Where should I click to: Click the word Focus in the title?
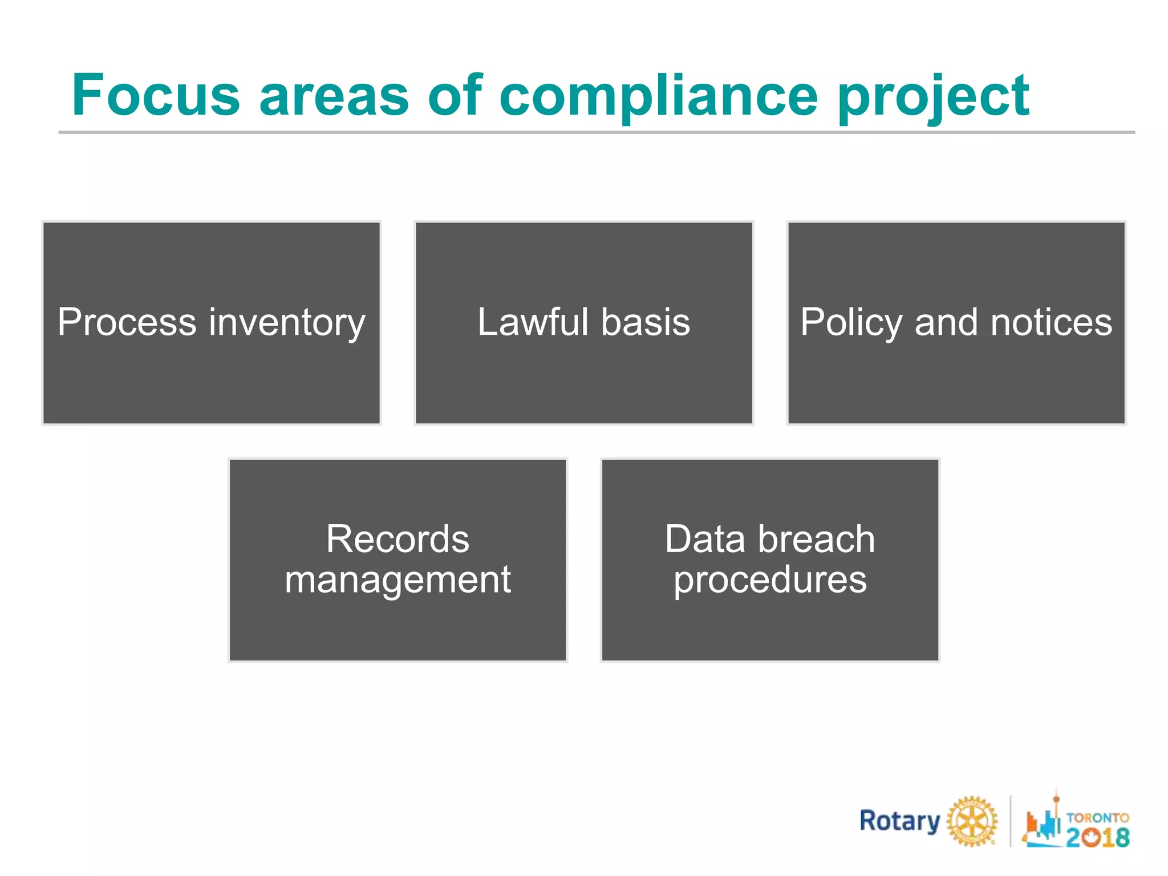click(x=156, y=95)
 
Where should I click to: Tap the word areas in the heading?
click(x=334, y=95)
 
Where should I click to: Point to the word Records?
click(x=398, y=539)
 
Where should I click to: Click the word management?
click(x=398, y=581)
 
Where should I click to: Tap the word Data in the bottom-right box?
click(x=707, y=539)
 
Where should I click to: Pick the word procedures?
click(x=770, y=581)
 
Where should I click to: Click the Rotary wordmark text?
click(x=899, y=821)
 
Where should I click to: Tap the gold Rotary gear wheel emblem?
click(x=972, y=821)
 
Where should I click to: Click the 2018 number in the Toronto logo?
click(x=1098, y=837)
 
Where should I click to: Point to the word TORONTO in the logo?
click(x=1098, y=817)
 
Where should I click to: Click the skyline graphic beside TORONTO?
click(x=1043, y=821)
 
